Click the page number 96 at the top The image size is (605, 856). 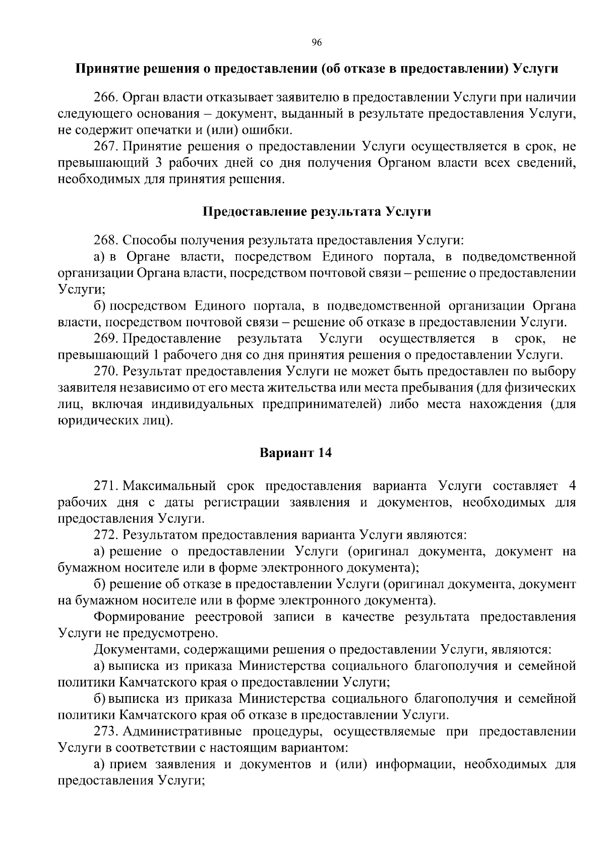tap(317, 42)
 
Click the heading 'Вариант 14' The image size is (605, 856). tap(295, 452)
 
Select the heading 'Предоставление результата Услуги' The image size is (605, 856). tap(317, 211)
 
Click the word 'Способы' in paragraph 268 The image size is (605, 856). tap(145, 240)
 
